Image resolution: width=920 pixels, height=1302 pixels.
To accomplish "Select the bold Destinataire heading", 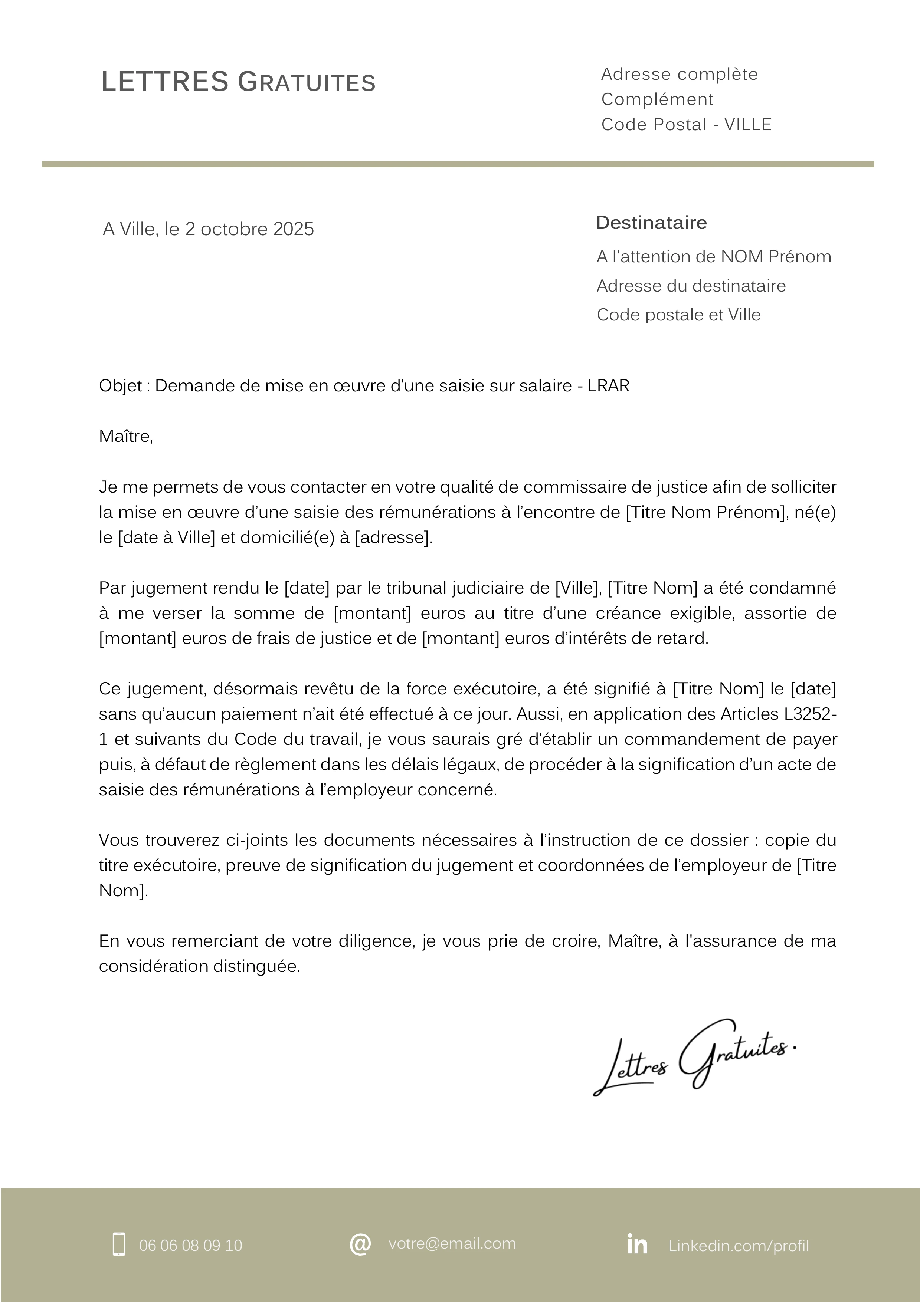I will coord(651,222).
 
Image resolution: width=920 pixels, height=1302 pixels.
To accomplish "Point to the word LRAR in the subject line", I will coord(609,386).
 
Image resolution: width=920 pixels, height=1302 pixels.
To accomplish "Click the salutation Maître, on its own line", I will coord(126,436).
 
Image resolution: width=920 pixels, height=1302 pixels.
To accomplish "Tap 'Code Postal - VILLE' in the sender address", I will coord(686,124).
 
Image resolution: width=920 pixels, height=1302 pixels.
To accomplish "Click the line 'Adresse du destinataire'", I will coord(691,286).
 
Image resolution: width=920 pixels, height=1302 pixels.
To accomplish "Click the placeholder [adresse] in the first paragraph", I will coord(393,537).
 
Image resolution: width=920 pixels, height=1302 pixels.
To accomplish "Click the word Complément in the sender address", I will coord(657,99).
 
